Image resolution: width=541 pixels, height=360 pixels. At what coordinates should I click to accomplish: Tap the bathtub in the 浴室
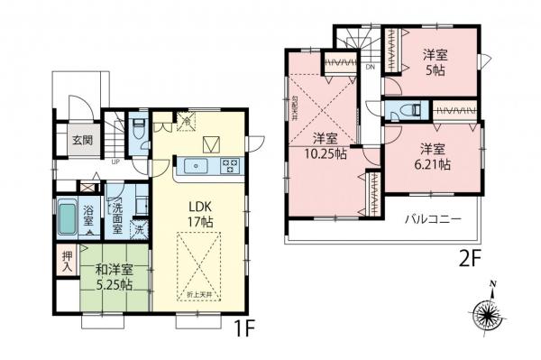click(68, 217)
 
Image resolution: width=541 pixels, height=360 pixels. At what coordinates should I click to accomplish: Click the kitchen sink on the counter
click(197, 165)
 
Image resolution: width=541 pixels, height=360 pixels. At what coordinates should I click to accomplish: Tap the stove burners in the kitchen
click(229, 165)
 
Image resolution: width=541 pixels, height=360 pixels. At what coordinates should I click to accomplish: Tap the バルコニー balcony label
click(433, 219)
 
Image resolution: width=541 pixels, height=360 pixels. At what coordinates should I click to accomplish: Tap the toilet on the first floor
click(137, 126)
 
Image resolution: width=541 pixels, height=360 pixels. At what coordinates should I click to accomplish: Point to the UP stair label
click(116, 162)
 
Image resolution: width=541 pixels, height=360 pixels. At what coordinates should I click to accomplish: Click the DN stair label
click(370, 66)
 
